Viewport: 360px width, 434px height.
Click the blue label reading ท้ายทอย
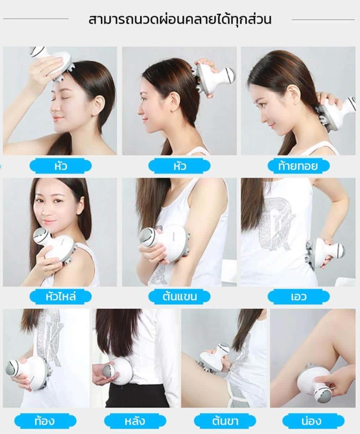(x=299, y=166)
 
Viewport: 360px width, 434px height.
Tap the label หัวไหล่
(x=61, y=296)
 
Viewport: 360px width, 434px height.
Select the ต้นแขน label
(x=180, y=296)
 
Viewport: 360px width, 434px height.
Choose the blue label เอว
(x=299, y=296)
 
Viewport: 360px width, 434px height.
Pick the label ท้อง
(x=45, y=421)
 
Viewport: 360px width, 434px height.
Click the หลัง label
(x=135, y=421)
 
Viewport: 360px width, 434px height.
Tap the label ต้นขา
(x=225, y=421)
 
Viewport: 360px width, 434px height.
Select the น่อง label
(x=311, y=421)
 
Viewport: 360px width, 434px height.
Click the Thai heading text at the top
(x=180, y=19)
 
